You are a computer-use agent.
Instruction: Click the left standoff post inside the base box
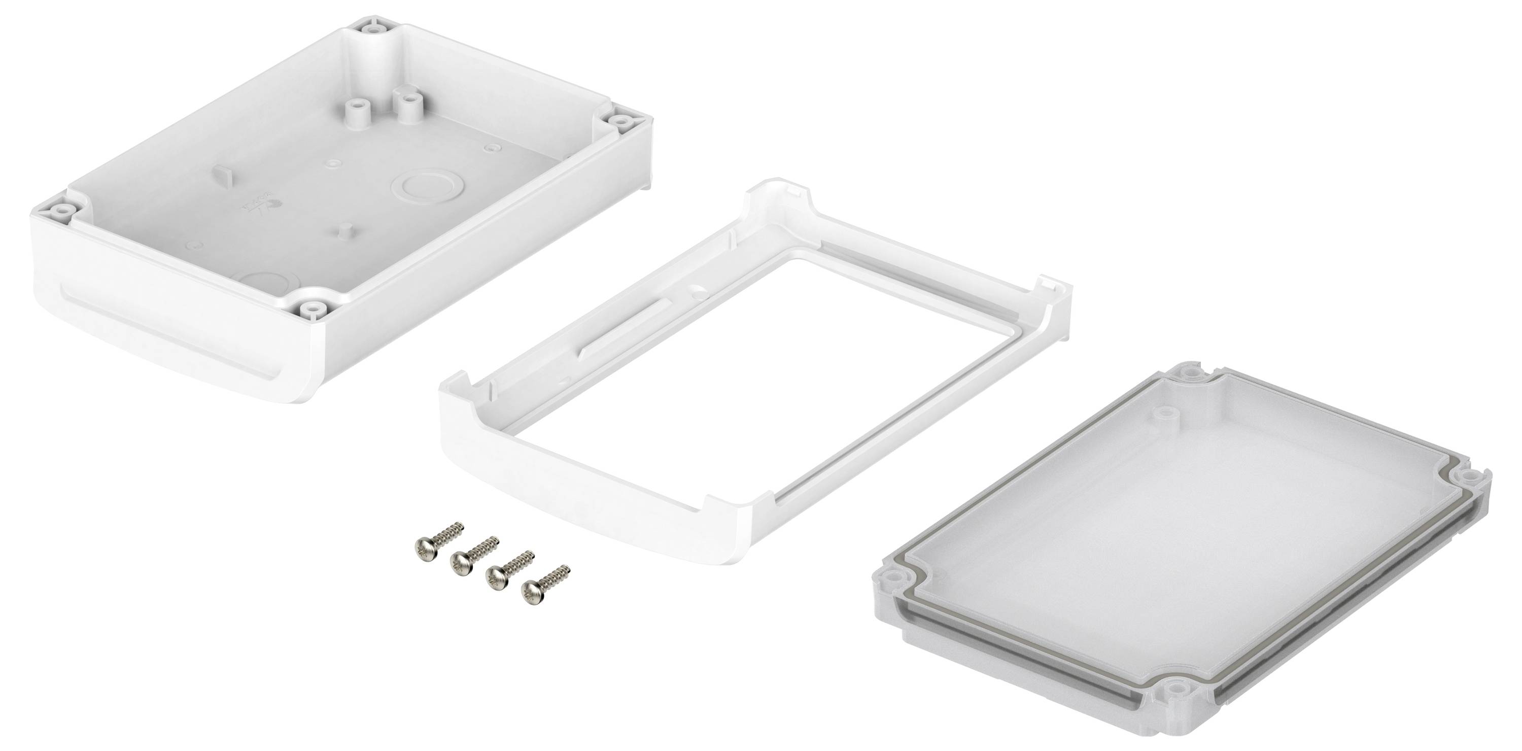tap(353, 109)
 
